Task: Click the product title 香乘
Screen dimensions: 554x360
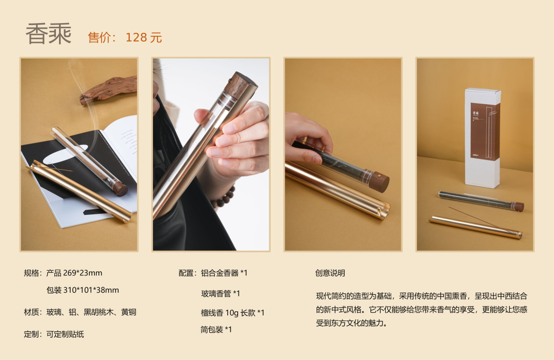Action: point(49,34)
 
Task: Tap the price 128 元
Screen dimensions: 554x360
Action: point(144,37)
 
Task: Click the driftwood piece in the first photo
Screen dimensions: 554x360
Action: point(108,89)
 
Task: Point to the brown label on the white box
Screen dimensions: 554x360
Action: point(485,131)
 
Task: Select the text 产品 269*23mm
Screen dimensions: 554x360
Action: point(74,273)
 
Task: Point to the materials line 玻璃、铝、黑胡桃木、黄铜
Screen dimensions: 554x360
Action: point(91,312)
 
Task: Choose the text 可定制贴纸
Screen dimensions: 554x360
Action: point(65,334)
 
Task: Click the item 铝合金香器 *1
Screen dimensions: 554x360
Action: point(224,273)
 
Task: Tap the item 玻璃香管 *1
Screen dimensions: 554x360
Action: point(221,293)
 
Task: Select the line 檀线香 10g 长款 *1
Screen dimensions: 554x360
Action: point(232,313)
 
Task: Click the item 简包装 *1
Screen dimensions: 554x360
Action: point(216,330)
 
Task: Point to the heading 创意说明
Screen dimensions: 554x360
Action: point(330,273)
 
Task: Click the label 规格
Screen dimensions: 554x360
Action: point(31,273)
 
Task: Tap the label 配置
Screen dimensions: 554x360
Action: point(186,273)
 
